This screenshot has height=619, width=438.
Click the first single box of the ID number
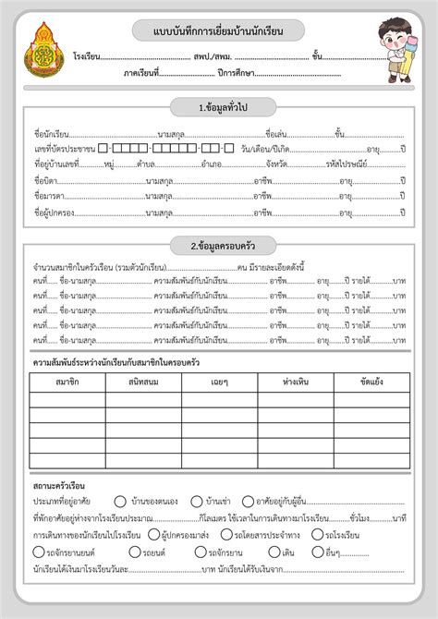pyautogui.click(x=103, y=149)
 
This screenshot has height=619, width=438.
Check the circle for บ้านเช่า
pyautogui.click(x=197, y=502)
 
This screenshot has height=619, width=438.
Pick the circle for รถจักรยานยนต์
pyautogui.click(x=38, y=552)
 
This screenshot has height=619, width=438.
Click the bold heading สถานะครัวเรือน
pyautogui.click(x=59, y=484)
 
